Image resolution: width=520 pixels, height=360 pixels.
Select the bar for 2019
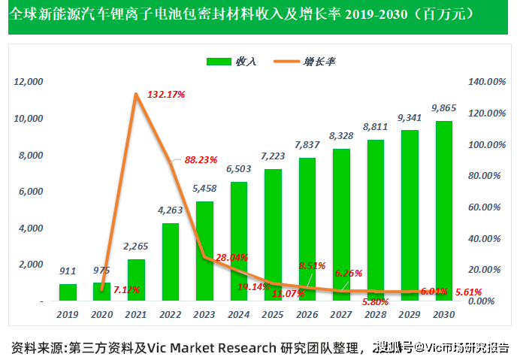click(68, 292)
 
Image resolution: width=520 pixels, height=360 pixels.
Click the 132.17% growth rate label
click(166, 95)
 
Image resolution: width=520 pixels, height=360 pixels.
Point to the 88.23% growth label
click(200, 159)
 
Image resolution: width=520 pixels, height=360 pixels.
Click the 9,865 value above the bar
click(444, 109)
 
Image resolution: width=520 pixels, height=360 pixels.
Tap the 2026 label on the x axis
click(307, 314)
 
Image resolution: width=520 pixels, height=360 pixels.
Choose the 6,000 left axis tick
click(31, 192)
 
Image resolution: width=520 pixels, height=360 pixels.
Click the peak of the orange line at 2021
click(136, 94)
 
